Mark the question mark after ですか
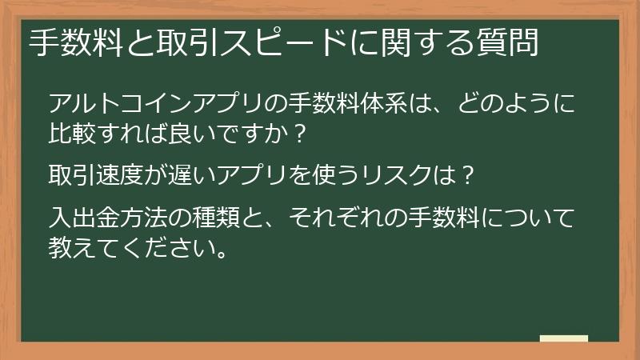[x=300, y=134]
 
